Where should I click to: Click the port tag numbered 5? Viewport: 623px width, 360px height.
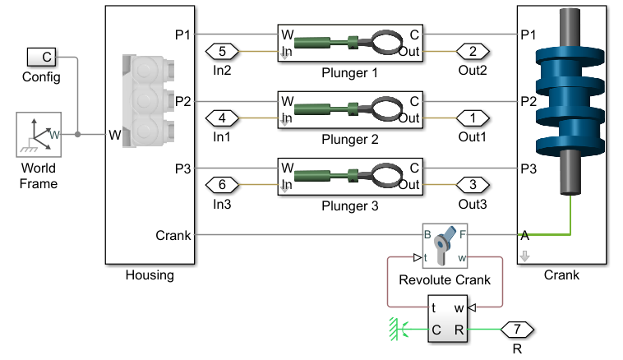[223, 51]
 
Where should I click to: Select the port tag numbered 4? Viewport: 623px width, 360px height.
[223, 118]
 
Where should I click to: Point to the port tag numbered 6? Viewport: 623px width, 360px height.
[223, 184]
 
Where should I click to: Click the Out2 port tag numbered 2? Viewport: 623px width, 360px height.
[473, 51]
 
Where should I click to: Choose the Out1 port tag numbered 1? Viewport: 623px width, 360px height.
[473, 118]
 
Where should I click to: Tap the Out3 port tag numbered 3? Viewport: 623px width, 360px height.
[473, 184]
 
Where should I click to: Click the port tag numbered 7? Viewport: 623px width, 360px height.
[518, 330]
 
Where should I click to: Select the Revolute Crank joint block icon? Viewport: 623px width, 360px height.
[445, 245]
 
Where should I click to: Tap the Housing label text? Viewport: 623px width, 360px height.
[150, 275]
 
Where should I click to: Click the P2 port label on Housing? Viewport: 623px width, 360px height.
[182, 102]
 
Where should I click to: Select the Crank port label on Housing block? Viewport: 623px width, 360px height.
[173, 236]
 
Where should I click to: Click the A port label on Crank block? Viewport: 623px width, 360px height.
[525, 236]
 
